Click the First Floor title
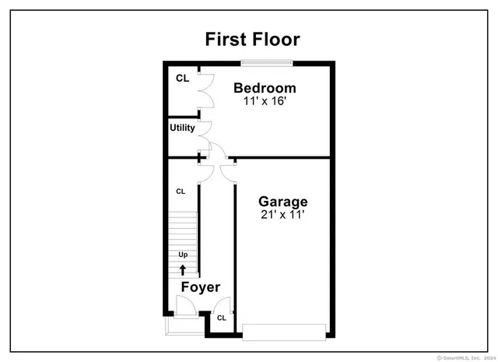tap(252, 40)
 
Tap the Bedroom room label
tap(265, 88)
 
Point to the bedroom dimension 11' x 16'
tap(265, 101)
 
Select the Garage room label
tap(283, 202)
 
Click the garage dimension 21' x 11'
tap(283, 215)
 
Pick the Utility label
tap(183, 128)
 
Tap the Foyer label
tap(201, 287)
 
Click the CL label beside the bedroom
tap(182, 78)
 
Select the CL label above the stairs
tap(181, 191)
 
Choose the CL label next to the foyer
tap(221, 318)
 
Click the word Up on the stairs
tap(183, 255)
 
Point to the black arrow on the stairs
tap(183, 269)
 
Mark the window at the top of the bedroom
tap(267, 62)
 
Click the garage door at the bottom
tap(283, 332)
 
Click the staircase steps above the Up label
tap(184, 230)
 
